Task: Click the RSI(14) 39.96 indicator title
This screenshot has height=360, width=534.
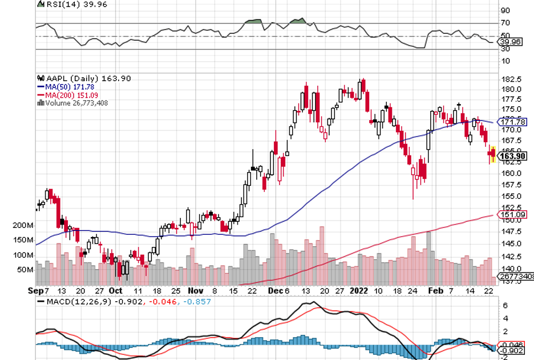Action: [64, 4]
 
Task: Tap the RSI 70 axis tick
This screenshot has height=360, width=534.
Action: [505, 23]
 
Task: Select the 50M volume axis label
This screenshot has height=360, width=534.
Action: [26, 269]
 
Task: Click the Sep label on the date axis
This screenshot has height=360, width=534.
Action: [35, 290]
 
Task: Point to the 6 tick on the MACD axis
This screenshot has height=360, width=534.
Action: [504, 306]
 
